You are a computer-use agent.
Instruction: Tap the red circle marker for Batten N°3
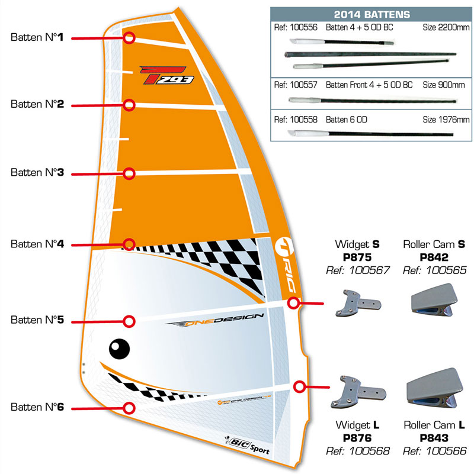(x=130, y=173)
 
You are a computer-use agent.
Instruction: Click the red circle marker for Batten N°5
(x=129, y=321)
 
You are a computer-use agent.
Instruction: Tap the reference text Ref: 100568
(x=358, y=451)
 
